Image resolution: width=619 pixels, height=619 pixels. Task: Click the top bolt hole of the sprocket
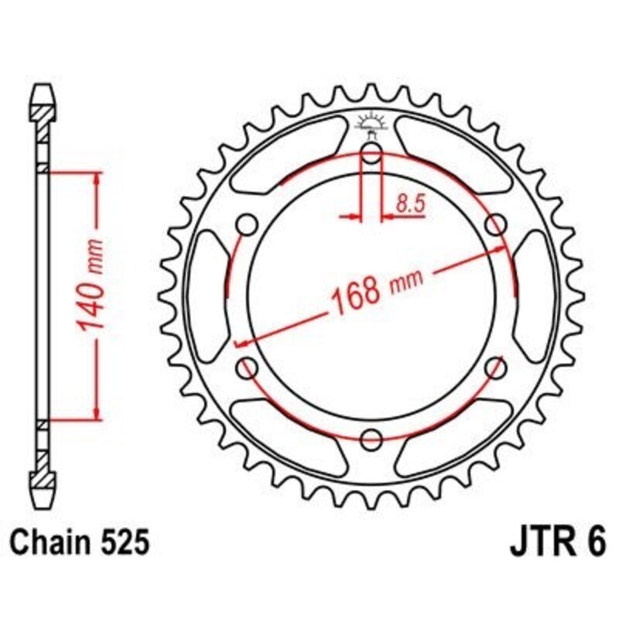[371, 156]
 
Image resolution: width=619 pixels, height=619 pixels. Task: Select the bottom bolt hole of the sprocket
[371, 438]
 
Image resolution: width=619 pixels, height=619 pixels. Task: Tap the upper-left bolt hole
[248, 226]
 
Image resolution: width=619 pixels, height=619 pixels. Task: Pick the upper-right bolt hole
[494, 226]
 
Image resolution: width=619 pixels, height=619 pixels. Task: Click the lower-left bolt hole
[248, 368]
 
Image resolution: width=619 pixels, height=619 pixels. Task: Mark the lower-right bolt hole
[494, 368]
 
